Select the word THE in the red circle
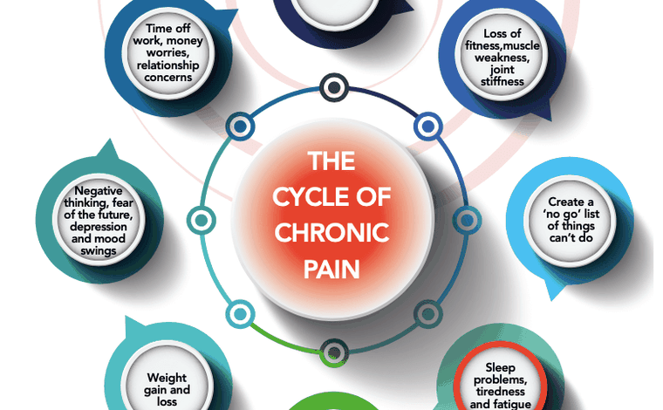click(331, 161)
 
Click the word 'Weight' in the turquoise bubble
click(167, 379)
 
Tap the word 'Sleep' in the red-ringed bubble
click(501, 367)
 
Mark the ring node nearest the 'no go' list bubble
click(465, 218)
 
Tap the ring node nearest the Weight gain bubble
click(236, 312)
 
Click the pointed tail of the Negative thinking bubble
click(108, 149)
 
